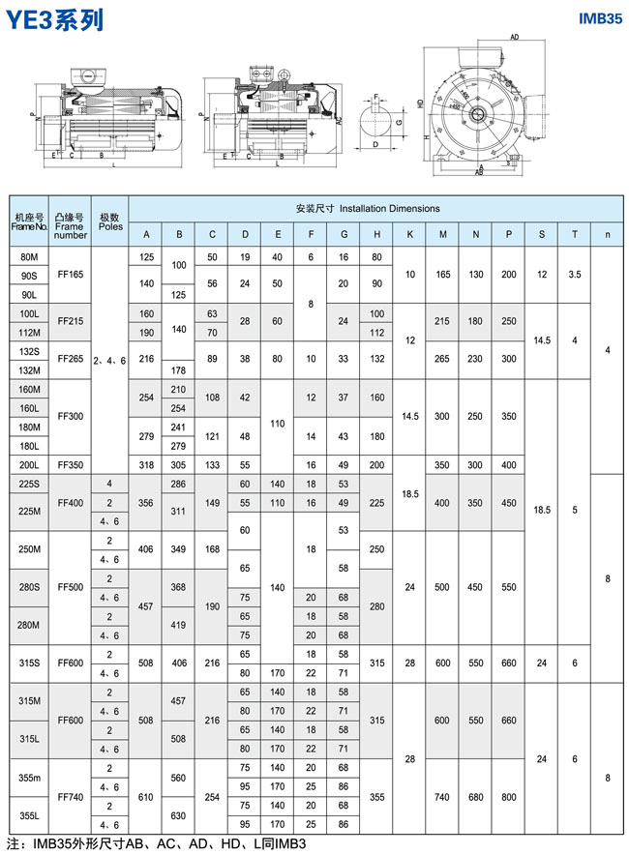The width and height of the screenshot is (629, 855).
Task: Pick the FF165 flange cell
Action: click(71, 275)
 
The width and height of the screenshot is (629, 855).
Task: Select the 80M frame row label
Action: click(29, 256)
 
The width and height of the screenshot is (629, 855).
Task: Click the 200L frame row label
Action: click(29, 463)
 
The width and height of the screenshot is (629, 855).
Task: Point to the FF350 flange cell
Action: click(71, 463)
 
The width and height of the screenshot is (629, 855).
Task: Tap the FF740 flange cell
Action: click(71, 796)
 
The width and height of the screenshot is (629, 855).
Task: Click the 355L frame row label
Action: click(29, 814)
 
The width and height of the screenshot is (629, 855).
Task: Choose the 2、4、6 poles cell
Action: click(111, 359)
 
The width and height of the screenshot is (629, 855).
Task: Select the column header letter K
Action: click(410, 235)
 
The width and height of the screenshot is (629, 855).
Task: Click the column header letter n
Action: click(607, 235)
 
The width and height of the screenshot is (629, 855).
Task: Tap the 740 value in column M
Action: click(443, 796)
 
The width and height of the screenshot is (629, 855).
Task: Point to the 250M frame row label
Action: click(29, 549)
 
